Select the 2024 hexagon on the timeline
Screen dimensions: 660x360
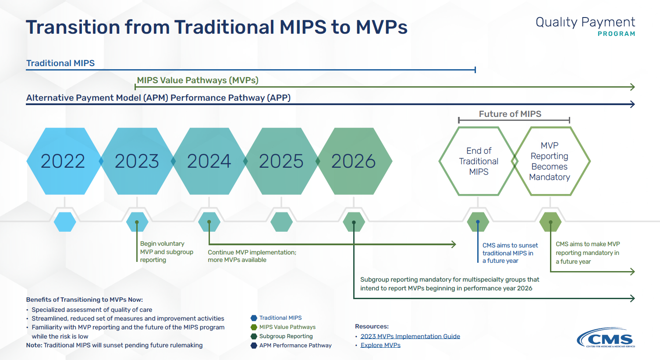(x=209, y=161)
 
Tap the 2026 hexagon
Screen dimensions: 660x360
(x=354, y=161)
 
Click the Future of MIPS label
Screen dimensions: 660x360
(x=510, y=114)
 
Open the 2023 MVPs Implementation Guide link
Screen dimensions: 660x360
(x=410, y=336)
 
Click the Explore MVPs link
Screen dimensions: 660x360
(x=380, y=345)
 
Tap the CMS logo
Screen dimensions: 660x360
(x=606, y=338)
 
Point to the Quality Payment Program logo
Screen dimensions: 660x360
(x=585, y=26)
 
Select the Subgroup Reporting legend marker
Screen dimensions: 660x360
(x=254, y=336)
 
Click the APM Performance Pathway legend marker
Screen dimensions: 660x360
(x=254, y=345)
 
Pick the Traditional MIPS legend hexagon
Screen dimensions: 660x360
(x=254, y=318)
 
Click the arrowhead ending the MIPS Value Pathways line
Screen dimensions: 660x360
(x=633, y=87)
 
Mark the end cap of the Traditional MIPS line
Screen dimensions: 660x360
(x=475, y=70)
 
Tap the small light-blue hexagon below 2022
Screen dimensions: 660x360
(x=65, y=222)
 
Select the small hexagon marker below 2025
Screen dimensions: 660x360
(x=281, y=222)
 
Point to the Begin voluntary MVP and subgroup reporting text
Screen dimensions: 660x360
(x=167, y=252)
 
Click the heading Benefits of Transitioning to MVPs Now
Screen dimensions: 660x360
(x=84, y=300)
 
